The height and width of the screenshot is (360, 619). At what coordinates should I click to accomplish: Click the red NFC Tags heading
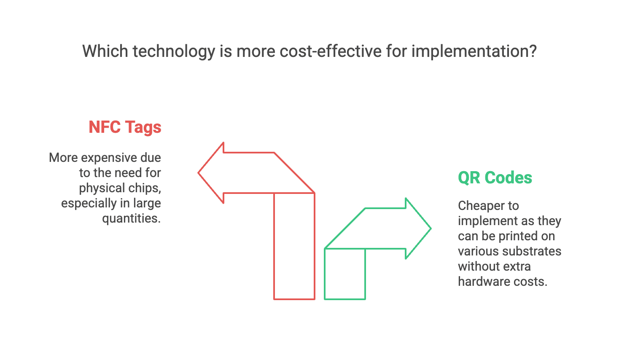[x=125, y=127]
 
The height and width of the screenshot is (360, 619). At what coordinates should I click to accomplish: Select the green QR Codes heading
[x=495, y=177]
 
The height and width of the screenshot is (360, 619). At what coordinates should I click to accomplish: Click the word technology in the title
[x=174, y=52]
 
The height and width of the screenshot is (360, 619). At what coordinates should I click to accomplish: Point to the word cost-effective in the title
[x=331, y=51]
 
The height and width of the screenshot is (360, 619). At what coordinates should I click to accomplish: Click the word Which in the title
[x=105, y=51]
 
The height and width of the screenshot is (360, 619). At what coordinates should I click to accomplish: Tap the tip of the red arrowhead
[x=198, y=173]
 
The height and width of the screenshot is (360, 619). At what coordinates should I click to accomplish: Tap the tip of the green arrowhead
[x=431, y=228]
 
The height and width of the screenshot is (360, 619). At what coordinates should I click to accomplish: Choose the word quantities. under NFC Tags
[x=132, y=219]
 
